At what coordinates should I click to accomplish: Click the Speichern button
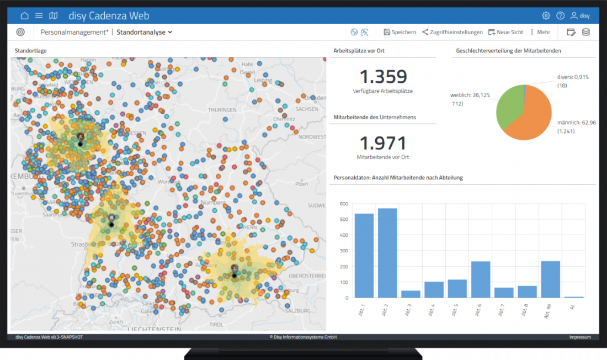tap(400, 32)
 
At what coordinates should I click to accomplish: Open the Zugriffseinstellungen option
tap(452, 32)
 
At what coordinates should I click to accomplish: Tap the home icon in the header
tap(24, 15)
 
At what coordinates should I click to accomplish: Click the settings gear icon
tap(546, 15)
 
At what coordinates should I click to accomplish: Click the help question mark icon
tap(560, 15)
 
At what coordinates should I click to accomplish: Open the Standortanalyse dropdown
tap(145, 32)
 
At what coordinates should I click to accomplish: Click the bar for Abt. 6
tap(481, 279)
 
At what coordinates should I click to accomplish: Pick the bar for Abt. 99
tap(551, 279)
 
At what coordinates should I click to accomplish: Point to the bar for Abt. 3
tap(411, 294)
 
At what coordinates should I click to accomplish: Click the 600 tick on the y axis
tap(344, 204)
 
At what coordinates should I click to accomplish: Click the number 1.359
tap(383, 77)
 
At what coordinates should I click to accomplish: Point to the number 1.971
tap(383, 144)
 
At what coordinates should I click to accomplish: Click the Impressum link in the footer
tap(580, 337)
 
